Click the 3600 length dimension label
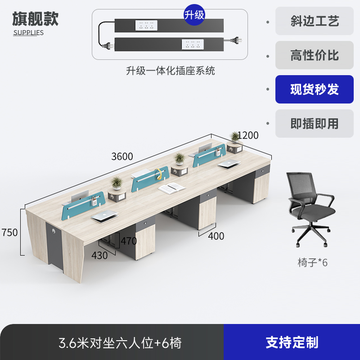click(122, 157)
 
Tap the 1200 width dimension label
click(248, 135)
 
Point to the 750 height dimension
click(9, 233)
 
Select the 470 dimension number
click(128, 241)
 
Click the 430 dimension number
click(99, 255)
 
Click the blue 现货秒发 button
click(315, 89)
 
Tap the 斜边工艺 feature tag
click(315, 21)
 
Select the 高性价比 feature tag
click(315, 55)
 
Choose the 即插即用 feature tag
click(315, 123)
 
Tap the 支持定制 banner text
click(292, 342)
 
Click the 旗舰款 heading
click(35, 19)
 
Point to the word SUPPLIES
click(28, 32)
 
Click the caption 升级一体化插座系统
click(170, 71)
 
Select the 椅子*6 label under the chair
click(313, 262)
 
